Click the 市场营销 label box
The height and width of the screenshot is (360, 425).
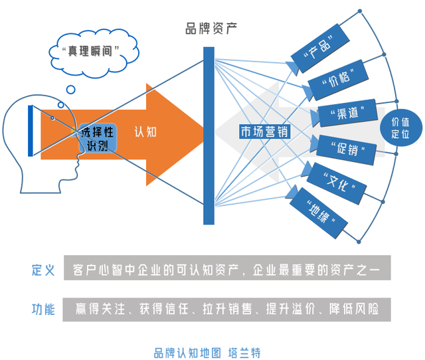[x=265, y=131]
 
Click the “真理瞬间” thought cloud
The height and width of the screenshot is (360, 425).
[x=86, y=50]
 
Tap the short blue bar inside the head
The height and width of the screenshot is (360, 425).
[x=31, y=129]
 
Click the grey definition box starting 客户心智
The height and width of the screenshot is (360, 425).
[x=226, y=270]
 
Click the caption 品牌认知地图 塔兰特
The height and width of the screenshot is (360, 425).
[x=211, y=351]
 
